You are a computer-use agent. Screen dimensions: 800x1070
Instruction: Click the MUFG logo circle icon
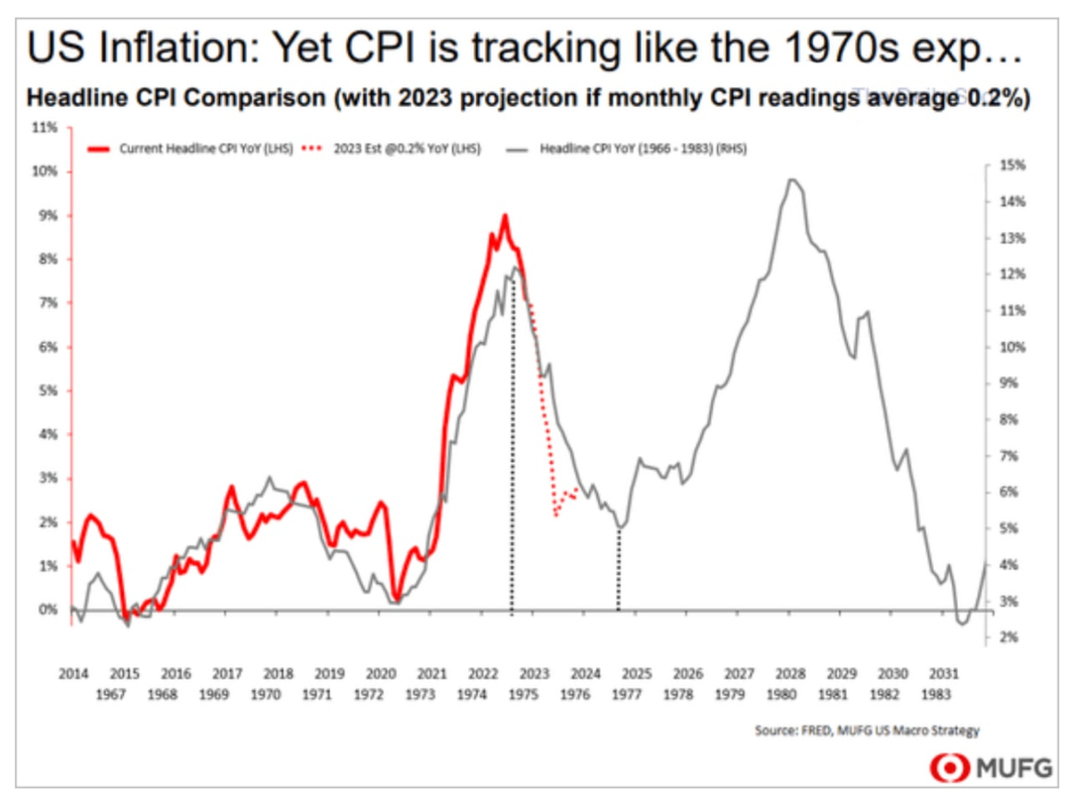[947, 767]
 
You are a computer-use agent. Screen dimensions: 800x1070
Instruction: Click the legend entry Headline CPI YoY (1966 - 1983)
[642, 150]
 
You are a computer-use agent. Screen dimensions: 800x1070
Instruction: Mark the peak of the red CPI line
[505, 215]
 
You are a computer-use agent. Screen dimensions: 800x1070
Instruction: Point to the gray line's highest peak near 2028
[791, 179]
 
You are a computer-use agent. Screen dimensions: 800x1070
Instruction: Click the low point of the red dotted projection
[556, 515]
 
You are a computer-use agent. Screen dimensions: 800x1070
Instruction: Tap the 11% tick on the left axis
[45, 128]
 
